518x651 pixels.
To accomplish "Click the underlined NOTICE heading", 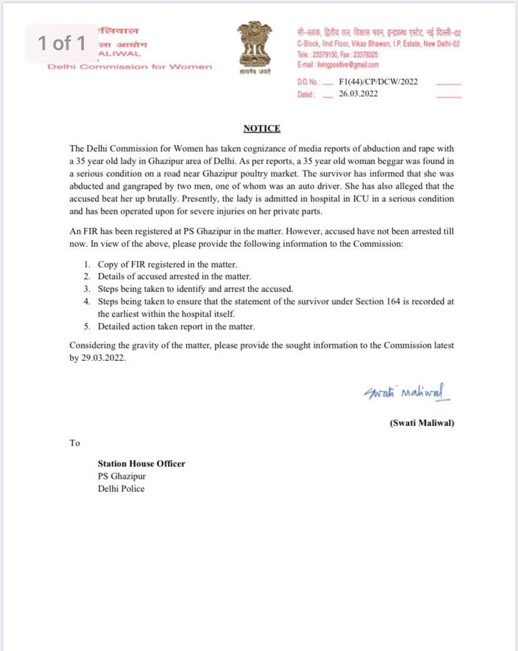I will [x=262, y=128].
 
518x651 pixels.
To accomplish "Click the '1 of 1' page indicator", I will [x=61, y=43].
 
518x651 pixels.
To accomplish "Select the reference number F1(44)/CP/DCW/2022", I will [x=378, y=82].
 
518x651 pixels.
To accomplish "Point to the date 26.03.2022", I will [x=359, y=95].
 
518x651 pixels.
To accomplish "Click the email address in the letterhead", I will [x=338, y=65].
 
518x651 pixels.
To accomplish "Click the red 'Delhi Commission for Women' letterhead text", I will [x=130, y=67].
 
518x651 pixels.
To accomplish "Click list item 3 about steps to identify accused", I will [x=195, y=289].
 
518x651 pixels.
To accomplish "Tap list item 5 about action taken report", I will [x=176, y=326].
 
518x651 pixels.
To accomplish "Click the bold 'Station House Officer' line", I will [x=141, y=464].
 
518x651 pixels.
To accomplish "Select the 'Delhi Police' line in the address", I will [x=121, y=489].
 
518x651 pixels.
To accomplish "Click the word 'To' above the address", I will [x=75, y=443].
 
